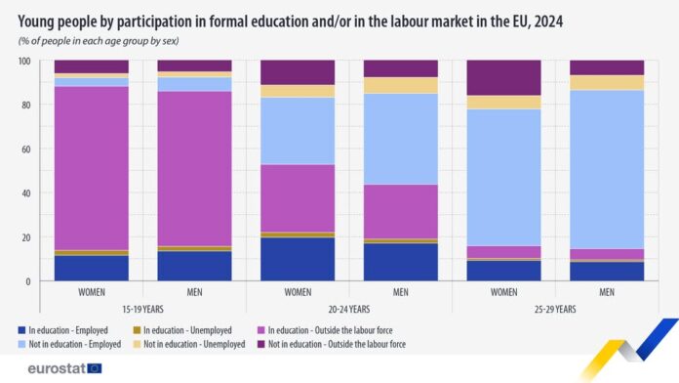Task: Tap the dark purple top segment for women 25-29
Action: tap(503, 77)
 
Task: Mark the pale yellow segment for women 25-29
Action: tap(503, 102)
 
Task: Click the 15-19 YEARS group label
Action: tap(142, 309)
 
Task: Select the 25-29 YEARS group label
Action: tap(555, 309)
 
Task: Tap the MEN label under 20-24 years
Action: tap(400, 292)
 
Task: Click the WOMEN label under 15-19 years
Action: tap(91, 292)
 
